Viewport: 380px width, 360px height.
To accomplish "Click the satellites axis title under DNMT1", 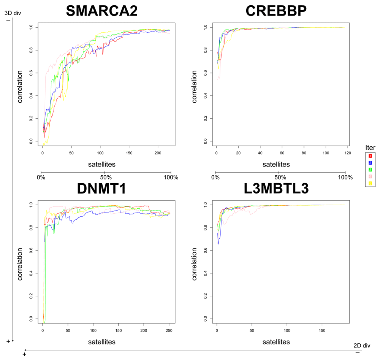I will pyautogui.click(x=100, y=342).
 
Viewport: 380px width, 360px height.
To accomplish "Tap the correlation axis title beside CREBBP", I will pyautogui.click(x=195, y=84).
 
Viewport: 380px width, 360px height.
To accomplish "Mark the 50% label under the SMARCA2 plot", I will pyautogui.click(x=106, y=177).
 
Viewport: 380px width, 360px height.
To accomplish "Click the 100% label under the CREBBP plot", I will pyautogui.click(x=345, y=177).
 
